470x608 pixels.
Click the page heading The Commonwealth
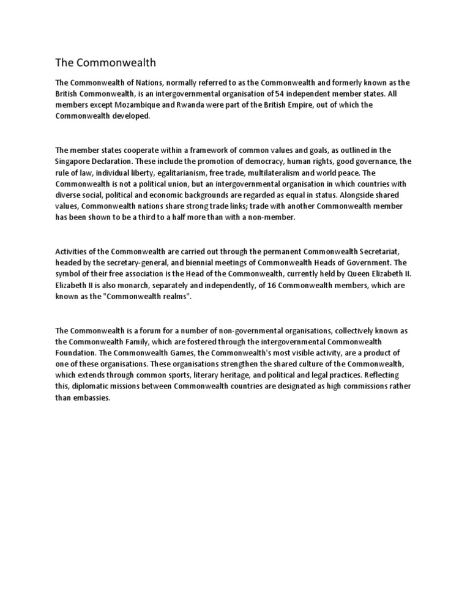(x=106, y=62)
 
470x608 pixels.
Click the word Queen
(x=352, y=274)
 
